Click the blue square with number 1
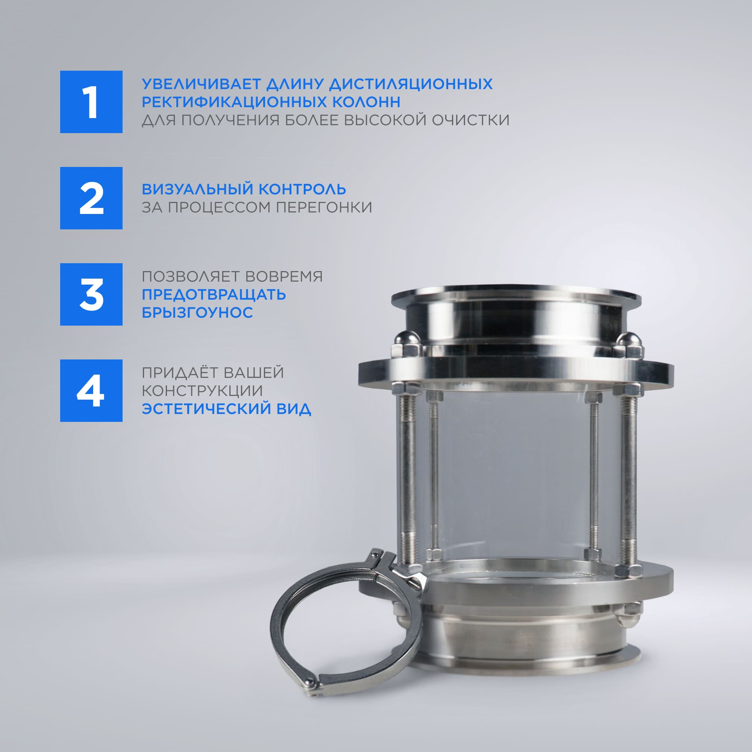(x=91, y=102)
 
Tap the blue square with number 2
(x=91, y=198)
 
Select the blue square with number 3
(x=91, y=294)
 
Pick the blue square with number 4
(x=91, y=390)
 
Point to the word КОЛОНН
(x=366, y=102)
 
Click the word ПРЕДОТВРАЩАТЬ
(x=214, y=295)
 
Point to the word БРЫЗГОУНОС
(x=197, y=312)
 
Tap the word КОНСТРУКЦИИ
(x=202, y=391)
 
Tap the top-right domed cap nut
(x=628, y=344)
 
